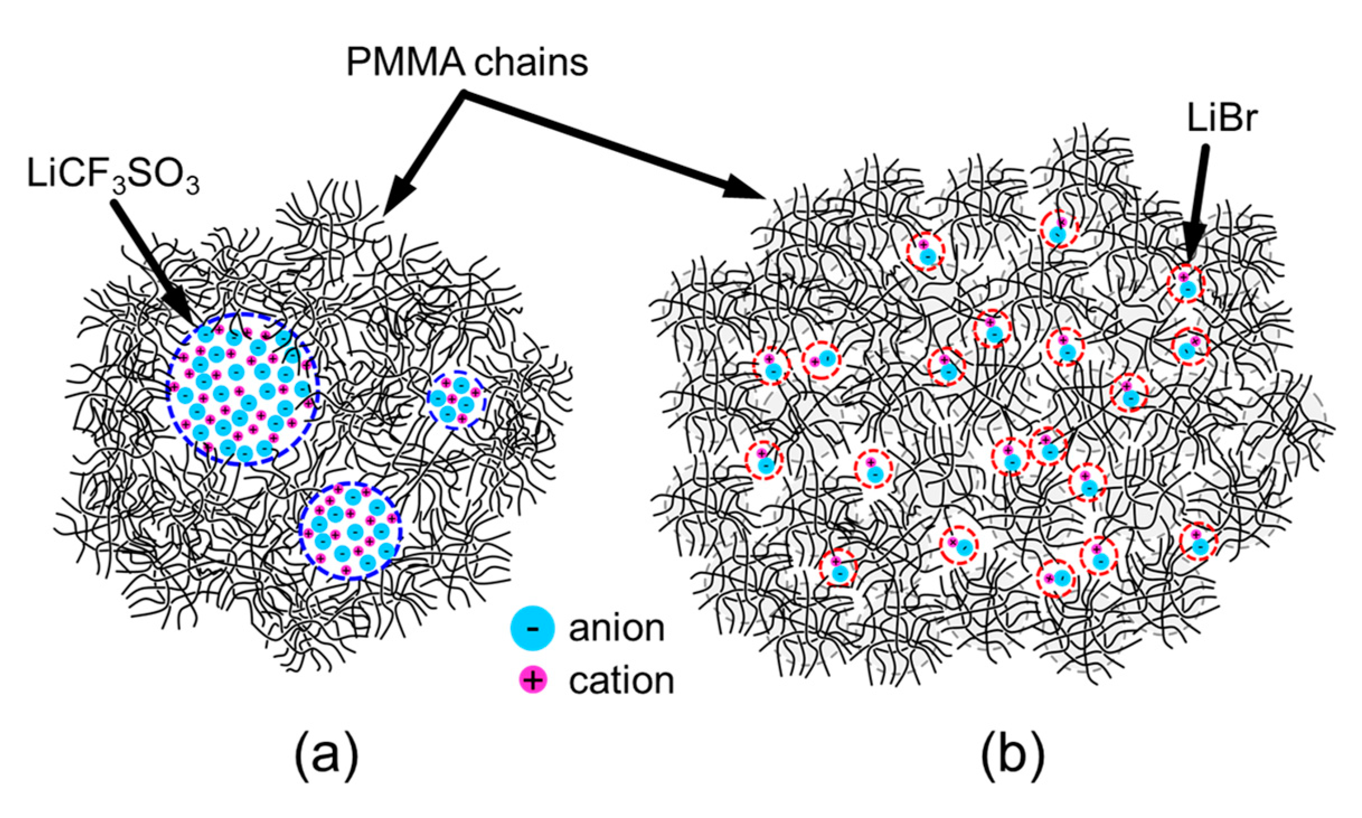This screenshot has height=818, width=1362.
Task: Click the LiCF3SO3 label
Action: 112,175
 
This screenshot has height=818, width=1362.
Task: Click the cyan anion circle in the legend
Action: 532,628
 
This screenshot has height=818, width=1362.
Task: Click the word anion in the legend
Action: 616,628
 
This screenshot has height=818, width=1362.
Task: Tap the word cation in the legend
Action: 621,681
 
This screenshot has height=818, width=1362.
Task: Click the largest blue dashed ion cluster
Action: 242,388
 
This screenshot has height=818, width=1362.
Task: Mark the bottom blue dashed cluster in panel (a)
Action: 350,530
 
